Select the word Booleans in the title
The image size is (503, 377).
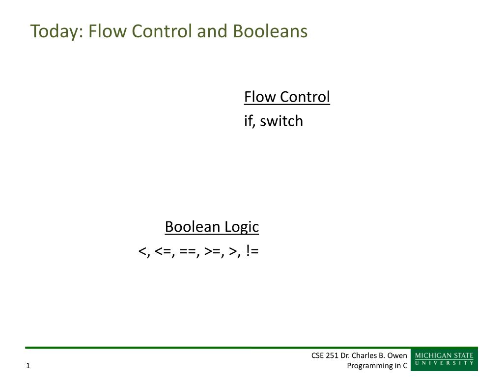[x=270, y=31]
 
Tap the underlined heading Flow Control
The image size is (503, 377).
[x=287, y=97]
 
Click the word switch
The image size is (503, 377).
[x=281, y=121]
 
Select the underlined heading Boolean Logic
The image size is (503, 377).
[x=212, y=227]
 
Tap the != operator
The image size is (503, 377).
[x=252, y=250]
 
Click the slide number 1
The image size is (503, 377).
[x=28, y=365]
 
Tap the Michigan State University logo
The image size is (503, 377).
[x=444, y=359]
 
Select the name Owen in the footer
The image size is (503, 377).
[x=397, y=355]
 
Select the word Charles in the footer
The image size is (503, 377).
[x=364, y=355]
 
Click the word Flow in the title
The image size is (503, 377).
[x=108, y=31]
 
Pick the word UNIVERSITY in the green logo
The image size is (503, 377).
[x=444, y=363]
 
